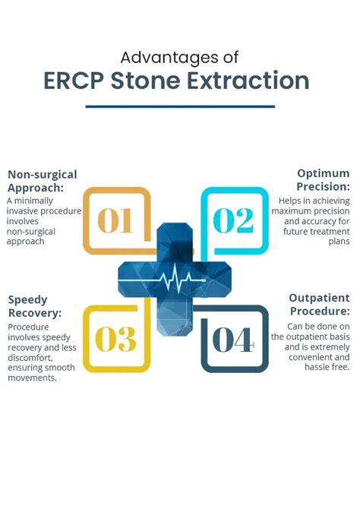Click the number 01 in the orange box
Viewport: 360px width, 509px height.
(115, 220)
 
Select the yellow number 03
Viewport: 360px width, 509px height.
(115, 339)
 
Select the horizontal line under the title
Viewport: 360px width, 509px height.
(180, 106)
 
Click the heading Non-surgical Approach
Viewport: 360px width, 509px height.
(43, 181)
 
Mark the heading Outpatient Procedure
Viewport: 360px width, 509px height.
(319, 305)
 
